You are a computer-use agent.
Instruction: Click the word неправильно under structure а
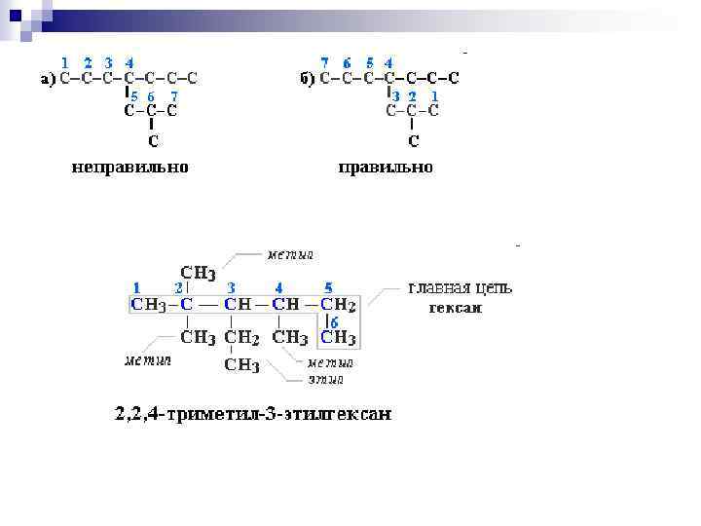coord(129,168)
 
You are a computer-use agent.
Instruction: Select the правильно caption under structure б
coord(386,168)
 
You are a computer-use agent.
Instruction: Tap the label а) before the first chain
coord(48,79)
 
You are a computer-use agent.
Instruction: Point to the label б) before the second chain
coord(307,79)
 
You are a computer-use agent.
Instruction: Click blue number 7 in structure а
coord(173,96)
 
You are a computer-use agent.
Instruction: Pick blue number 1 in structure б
coord(434,96)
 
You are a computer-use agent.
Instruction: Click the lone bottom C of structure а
coord(153,141)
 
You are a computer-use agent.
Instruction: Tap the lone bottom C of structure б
coord(414,141)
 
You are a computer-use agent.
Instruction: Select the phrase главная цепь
coord(460,288)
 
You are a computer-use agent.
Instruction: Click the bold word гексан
coord(456,309)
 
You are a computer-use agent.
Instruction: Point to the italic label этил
coord(324,378)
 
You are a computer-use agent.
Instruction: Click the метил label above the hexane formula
coord(291,254)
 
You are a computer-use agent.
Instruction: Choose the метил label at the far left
coord(146,360)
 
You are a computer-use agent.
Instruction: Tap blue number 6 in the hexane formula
coord(335,322)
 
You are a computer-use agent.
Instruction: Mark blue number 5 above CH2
coord(328,288)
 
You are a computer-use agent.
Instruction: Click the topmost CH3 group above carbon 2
coord(199,272)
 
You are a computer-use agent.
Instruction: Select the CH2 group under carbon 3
coord(242,338)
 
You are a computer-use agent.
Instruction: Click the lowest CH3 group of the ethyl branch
coord(242,366)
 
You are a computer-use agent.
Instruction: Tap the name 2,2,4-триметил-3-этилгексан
coord(254,414)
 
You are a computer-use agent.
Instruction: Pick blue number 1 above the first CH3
coord(137,288)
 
